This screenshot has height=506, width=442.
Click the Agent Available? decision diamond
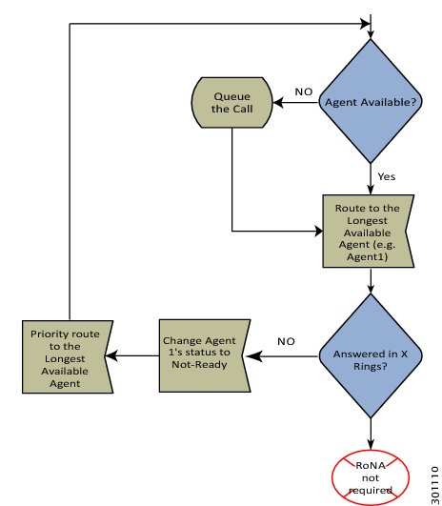click(371, 101)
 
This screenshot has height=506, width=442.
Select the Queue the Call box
click(232, 103)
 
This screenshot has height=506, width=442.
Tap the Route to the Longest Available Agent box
click(368, 231)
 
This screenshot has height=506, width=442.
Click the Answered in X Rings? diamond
click(371, 355)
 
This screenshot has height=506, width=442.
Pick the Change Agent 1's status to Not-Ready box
click(205, 355)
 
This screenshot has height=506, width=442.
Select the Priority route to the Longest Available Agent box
click(68, 356)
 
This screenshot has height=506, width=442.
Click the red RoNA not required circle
click(371, 477)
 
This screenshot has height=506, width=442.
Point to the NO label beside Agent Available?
click(304, 91)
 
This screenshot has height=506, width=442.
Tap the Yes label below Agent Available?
click(386, 176)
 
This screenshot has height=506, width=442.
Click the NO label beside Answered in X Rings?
click(286, 341)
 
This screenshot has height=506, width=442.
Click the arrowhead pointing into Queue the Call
click(278, 103)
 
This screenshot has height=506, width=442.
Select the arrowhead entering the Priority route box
click(111, 356)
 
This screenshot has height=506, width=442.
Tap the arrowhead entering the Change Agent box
click(254, 356)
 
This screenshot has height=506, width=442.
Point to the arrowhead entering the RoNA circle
click(371, 445)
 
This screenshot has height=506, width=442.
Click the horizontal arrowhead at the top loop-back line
click(365, 24)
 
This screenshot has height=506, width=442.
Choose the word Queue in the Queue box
click(232, 96)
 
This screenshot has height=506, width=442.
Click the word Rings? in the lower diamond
click(371, 367)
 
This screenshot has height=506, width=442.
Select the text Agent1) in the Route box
click(367, 256)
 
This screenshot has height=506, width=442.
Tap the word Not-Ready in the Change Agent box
click(199, 364)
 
